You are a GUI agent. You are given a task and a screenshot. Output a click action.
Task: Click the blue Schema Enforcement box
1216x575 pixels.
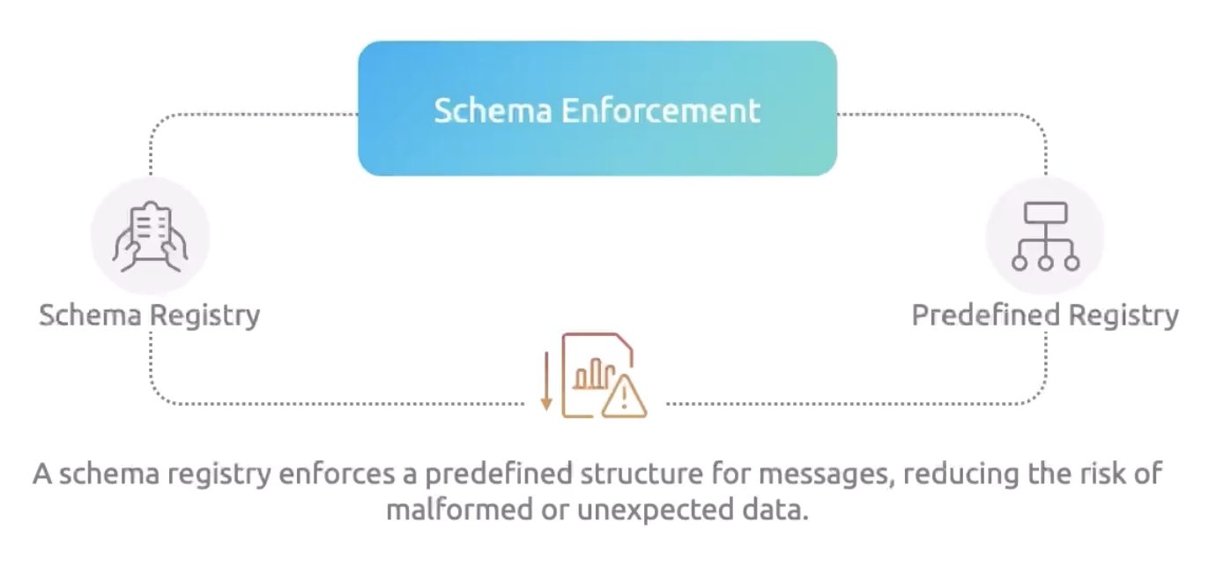(597, 108)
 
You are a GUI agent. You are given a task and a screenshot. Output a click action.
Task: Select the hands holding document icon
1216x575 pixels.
(150, 235)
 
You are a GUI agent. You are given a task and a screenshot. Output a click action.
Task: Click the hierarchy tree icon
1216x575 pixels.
(1045, 235)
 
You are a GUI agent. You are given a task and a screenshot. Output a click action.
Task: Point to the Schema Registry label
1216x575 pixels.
(150, 315)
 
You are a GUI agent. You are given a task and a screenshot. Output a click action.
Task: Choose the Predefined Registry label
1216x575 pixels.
(1045, 315)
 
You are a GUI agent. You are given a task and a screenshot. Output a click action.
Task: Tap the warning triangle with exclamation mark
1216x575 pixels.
(625, 396)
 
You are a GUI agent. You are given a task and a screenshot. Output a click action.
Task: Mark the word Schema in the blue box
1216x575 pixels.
(493, 111)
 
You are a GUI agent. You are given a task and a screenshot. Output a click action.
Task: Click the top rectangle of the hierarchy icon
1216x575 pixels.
(1045, 213)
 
